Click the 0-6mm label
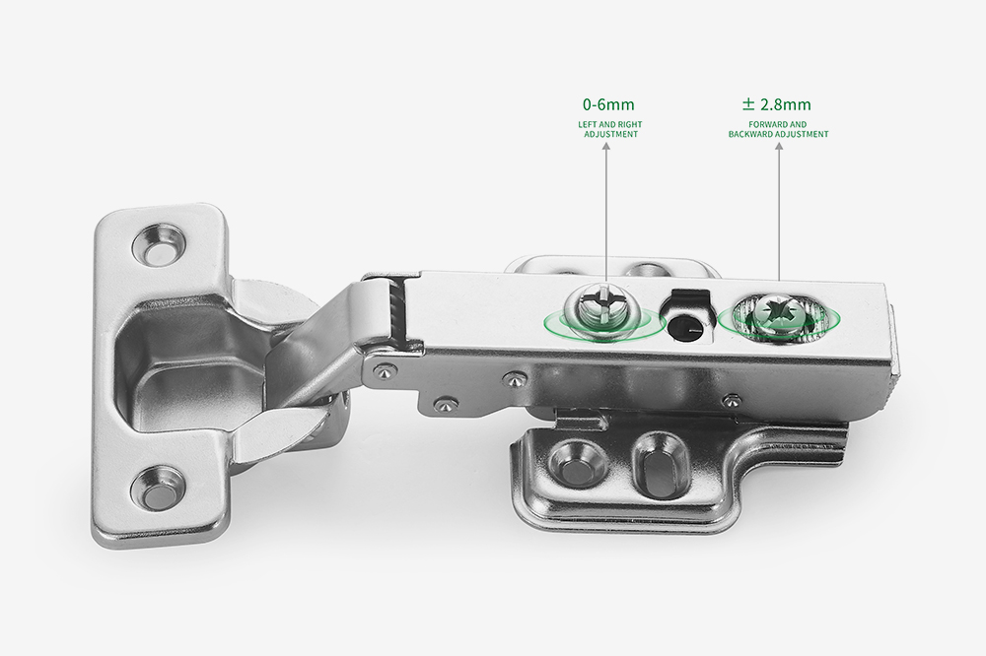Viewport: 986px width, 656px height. [608, 104]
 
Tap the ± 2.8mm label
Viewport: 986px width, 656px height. [777, 104]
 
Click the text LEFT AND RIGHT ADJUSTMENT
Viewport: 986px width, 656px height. [610, 129]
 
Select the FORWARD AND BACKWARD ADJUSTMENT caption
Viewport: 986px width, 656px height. [779, 129]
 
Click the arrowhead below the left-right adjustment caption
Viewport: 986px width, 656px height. [606, 147]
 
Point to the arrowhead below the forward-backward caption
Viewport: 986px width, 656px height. [779, 147]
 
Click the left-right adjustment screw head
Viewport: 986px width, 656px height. [601, 306]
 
